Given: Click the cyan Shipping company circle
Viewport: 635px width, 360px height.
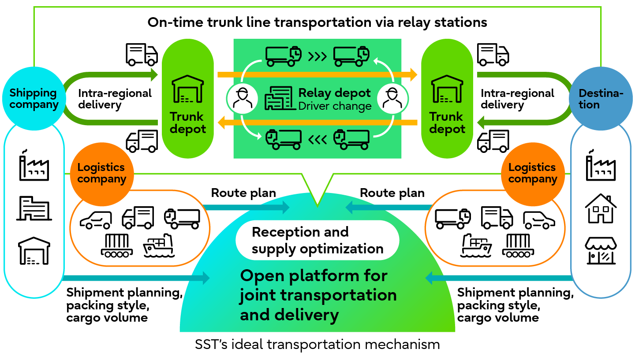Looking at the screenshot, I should pyautogui.click(x=34, y=98).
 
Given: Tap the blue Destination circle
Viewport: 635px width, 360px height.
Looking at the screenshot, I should pyautogui.click(x=601, y=98).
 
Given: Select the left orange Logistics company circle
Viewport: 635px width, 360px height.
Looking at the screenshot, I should pyautogui.click(x=101, y=173).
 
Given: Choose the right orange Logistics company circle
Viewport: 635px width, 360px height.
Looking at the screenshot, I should pyautogui.click(x=532, y=173).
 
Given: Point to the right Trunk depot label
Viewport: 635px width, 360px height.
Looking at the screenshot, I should pyautogui.click(x=447, y=123).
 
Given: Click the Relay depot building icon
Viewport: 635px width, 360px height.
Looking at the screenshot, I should pyautogui.click(x=278, y=98).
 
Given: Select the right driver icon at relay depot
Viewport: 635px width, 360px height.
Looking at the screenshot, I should pyautogui.click(x=392, y=98).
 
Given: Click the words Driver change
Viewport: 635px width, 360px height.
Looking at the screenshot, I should pyautogui.click(x=335, y=106).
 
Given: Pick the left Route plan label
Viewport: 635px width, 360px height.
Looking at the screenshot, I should pyautogui.click(x=243, y=193).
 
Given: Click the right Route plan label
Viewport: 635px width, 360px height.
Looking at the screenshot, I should pyautogui.click(x=392, y=193).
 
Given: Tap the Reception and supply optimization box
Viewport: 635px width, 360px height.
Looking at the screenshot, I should pyautogui.click(x=317, y=240).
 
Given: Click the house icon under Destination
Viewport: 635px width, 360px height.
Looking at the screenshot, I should pyautogui.click(x=601, y=208).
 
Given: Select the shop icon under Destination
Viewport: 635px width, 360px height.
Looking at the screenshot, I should pyautogui.click(x=601, y=251).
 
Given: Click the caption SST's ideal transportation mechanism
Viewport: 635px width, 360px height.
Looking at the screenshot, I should pyautogui.click(x=317, y=344).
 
